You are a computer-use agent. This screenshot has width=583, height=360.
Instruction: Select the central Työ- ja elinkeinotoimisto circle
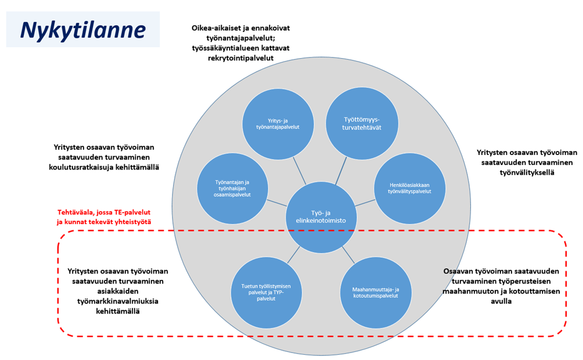point(320,217)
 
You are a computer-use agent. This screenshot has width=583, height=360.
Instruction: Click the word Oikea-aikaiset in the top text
point(217,27)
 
